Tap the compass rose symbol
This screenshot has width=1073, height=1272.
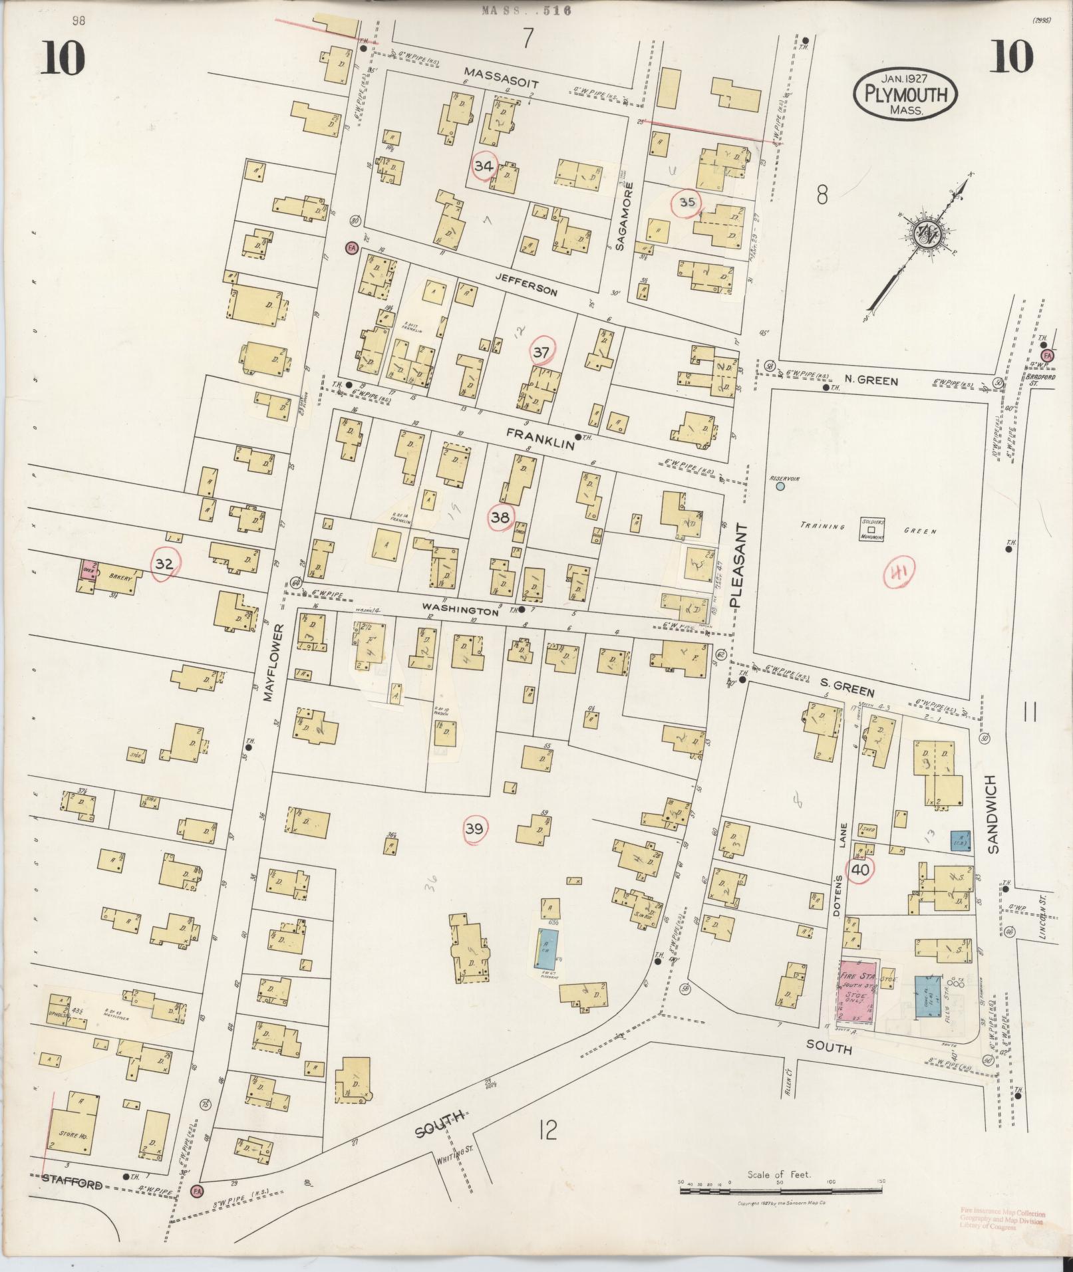pyautogui.click(x=925, y=235)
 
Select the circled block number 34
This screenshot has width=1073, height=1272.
pyautogui.click(x=484, y=166)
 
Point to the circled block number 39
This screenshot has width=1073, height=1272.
pyautogui.click(x=474, y=828)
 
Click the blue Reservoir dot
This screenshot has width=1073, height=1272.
pyautogui.click(x=780, y=486)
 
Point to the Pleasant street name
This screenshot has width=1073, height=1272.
pyautogui.click(x=740, y=565)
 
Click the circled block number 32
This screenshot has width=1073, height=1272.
pyautogui.click(x=164, y=565)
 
